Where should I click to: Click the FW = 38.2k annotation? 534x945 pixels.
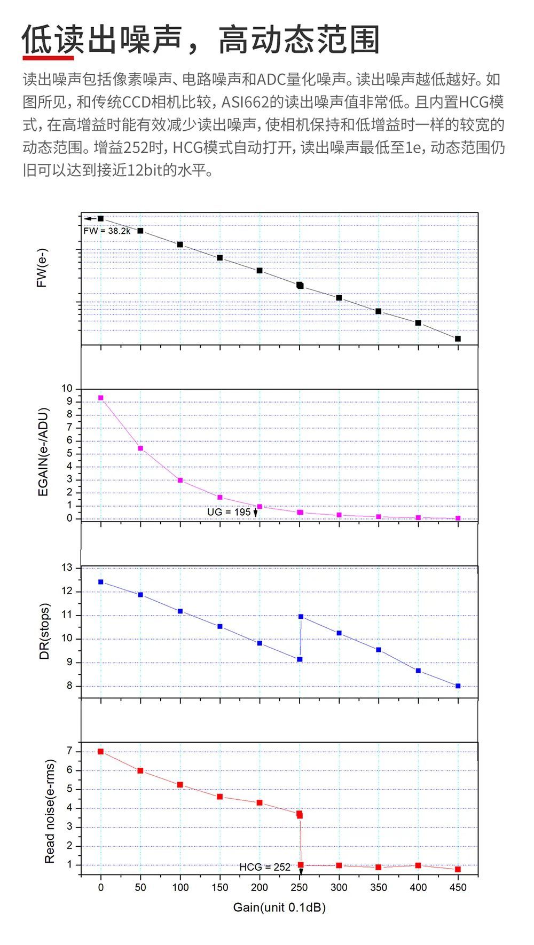click(x=107, y=231)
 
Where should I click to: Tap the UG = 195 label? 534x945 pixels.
click(x=229, y=512)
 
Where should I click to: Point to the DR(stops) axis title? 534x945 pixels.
click(x=44, y=631)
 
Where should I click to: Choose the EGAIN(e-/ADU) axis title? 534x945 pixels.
click(x=43, y=452)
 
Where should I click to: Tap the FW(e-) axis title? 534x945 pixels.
click(x=42, y=268)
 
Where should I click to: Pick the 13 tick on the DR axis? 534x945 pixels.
click(x=67, y=568)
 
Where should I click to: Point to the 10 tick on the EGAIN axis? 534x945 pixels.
click(x=67, y=388)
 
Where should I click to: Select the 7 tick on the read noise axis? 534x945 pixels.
click(x=69, y=751)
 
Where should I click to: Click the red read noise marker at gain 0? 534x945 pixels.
click(x=100, y=751)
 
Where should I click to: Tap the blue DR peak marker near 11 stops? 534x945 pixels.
click(x=301, y=617)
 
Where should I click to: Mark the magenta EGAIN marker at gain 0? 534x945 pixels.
click(x=100, y=398)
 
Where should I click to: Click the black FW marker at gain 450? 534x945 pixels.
click(x=458, y=338)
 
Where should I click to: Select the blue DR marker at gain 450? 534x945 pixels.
click(x=458, y=686)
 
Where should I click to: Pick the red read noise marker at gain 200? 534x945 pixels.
click(x=260, y=802)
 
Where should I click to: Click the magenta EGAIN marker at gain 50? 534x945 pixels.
click(x=140, y=448)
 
